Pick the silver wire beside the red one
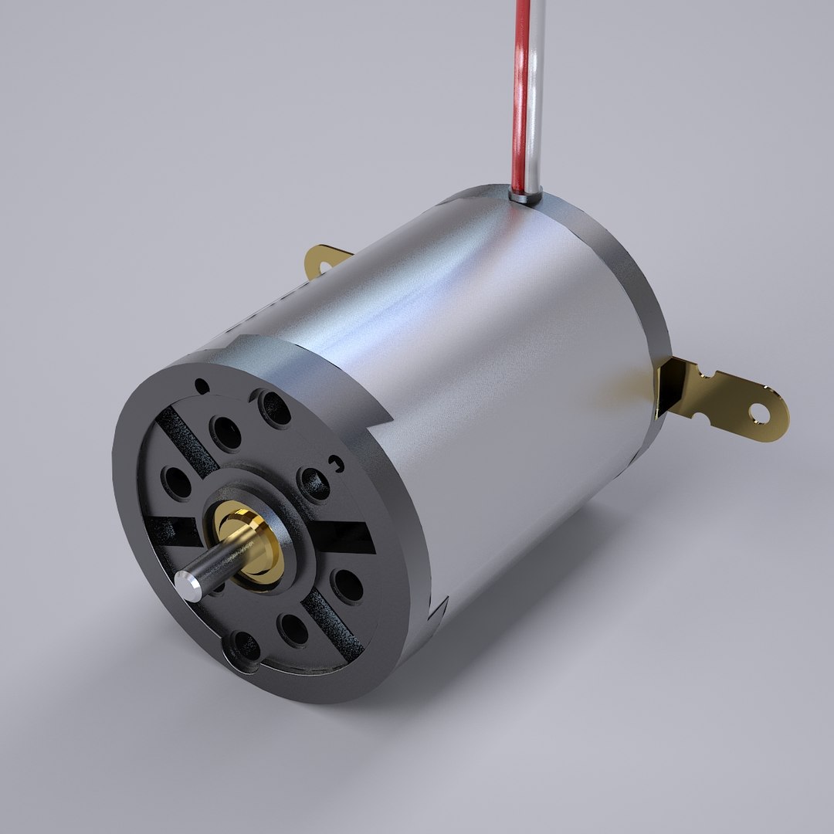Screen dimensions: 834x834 pyautogui.click(x=534, y=93)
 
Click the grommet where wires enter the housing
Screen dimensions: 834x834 pyautogui.click(x=526, y=198)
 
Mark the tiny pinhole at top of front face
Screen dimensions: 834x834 pyautogui.click(x=202, y=385)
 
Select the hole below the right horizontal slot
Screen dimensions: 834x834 pyautogui.click(x=347, y=585)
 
